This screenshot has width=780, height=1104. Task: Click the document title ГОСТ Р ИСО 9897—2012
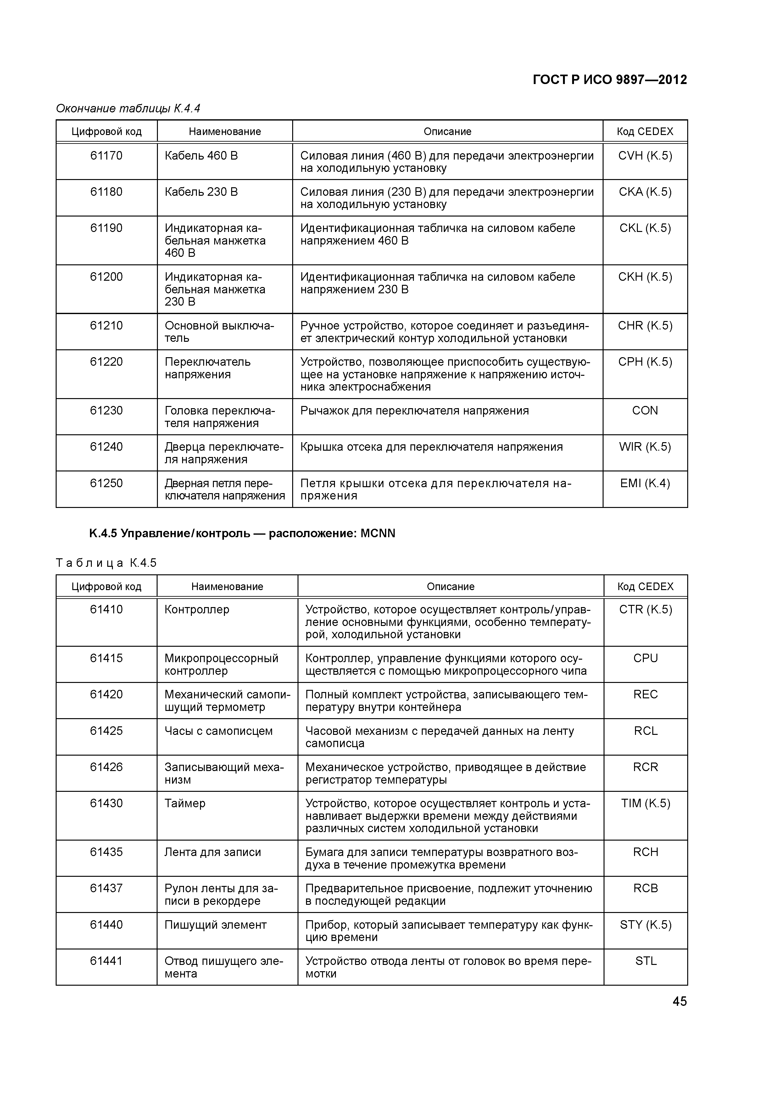tap(610, 80)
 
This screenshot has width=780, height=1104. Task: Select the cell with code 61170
tap(106, 156)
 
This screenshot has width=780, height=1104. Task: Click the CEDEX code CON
tap(645, 411)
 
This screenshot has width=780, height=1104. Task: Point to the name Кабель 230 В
tap(201, 192)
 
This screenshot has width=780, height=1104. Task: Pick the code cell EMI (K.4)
tap(645, 483)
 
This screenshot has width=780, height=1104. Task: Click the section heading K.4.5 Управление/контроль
tap(242, 533)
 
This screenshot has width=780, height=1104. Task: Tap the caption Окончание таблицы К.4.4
tap(128, 109)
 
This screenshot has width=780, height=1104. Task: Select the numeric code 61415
tap(106, 658)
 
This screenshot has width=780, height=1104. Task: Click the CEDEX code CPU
tap(645, 658)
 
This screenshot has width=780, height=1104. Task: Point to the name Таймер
tap(185, 803)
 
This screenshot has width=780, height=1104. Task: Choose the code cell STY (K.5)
tap(645, 925)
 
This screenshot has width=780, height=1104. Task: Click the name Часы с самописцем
tap(218, 731)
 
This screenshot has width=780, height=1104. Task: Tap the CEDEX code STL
tap(645, 961)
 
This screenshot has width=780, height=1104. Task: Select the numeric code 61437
tap(106, 888)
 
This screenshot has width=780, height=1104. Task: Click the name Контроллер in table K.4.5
tap(197, 610)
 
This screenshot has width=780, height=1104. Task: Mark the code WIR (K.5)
tap(645, 447)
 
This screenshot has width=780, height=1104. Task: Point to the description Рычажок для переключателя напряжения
tap(414, 411)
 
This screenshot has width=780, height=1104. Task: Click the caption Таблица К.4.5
tap(106, 563)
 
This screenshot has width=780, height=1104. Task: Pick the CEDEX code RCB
tap(645, 888)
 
